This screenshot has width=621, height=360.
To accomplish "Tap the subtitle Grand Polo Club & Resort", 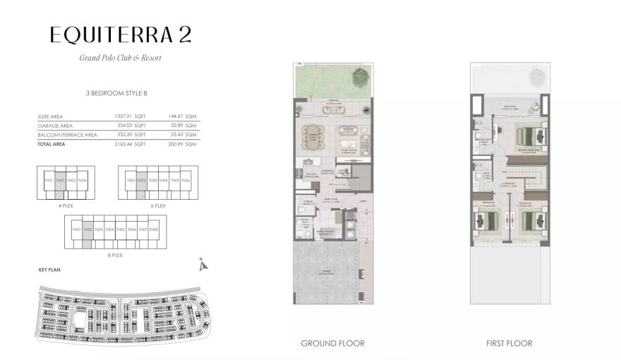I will click(x=120, y=58).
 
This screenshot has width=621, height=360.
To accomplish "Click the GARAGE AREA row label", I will click(x=56, y=125).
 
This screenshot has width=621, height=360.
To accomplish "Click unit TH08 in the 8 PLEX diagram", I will click(x=154, y=229).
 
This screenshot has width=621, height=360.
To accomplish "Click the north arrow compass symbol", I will click(x=203, y=265).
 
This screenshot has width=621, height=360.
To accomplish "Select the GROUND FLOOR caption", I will click(x=332, y=344).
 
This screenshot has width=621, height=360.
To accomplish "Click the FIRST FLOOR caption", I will click(x=508, y=344).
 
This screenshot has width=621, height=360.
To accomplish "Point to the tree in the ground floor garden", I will click(x=360, y=76).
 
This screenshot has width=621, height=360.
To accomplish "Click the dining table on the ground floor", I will click(x=311, y=133).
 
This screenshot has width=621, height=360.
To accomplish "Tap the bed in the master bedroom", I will click(x=529, y=134).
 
